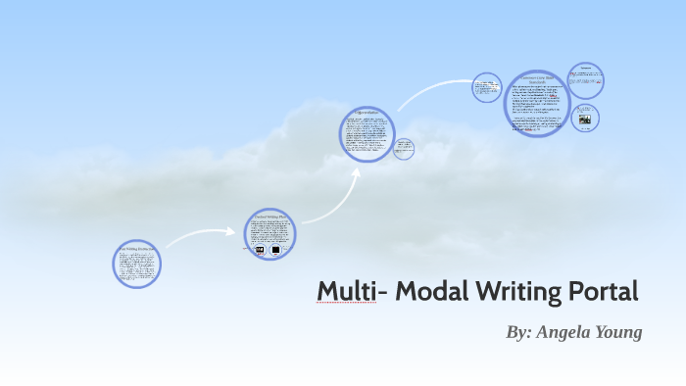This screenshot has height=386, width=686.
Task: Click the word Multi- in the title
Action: click(346, 291)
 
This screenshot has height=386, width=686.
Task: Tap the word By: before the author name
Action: click(519, 332)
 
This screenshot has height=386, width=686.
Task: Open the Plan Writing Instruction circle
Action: click(136, 263)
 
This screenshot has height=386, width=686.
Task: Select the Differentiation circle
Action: click(367, 134)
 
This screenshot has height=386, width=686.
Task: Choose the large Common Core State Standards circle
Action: click(537, 104)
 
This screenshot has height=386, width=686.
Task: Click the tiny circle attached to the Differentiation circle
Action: click(403, 149)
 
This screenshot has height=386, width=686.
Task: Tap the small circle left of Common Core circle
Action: click(486, 87)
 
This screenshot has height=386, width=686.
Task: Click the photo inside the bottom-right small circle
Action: click(585, 120)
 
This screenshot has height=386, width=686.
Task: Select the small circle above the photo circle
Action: click(586, 79)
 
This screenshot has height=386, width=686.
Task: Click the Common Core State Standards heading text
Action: click(537, 78)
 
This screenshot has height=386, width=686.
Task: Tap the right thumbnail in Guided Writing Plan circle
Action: click(276, 250)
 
